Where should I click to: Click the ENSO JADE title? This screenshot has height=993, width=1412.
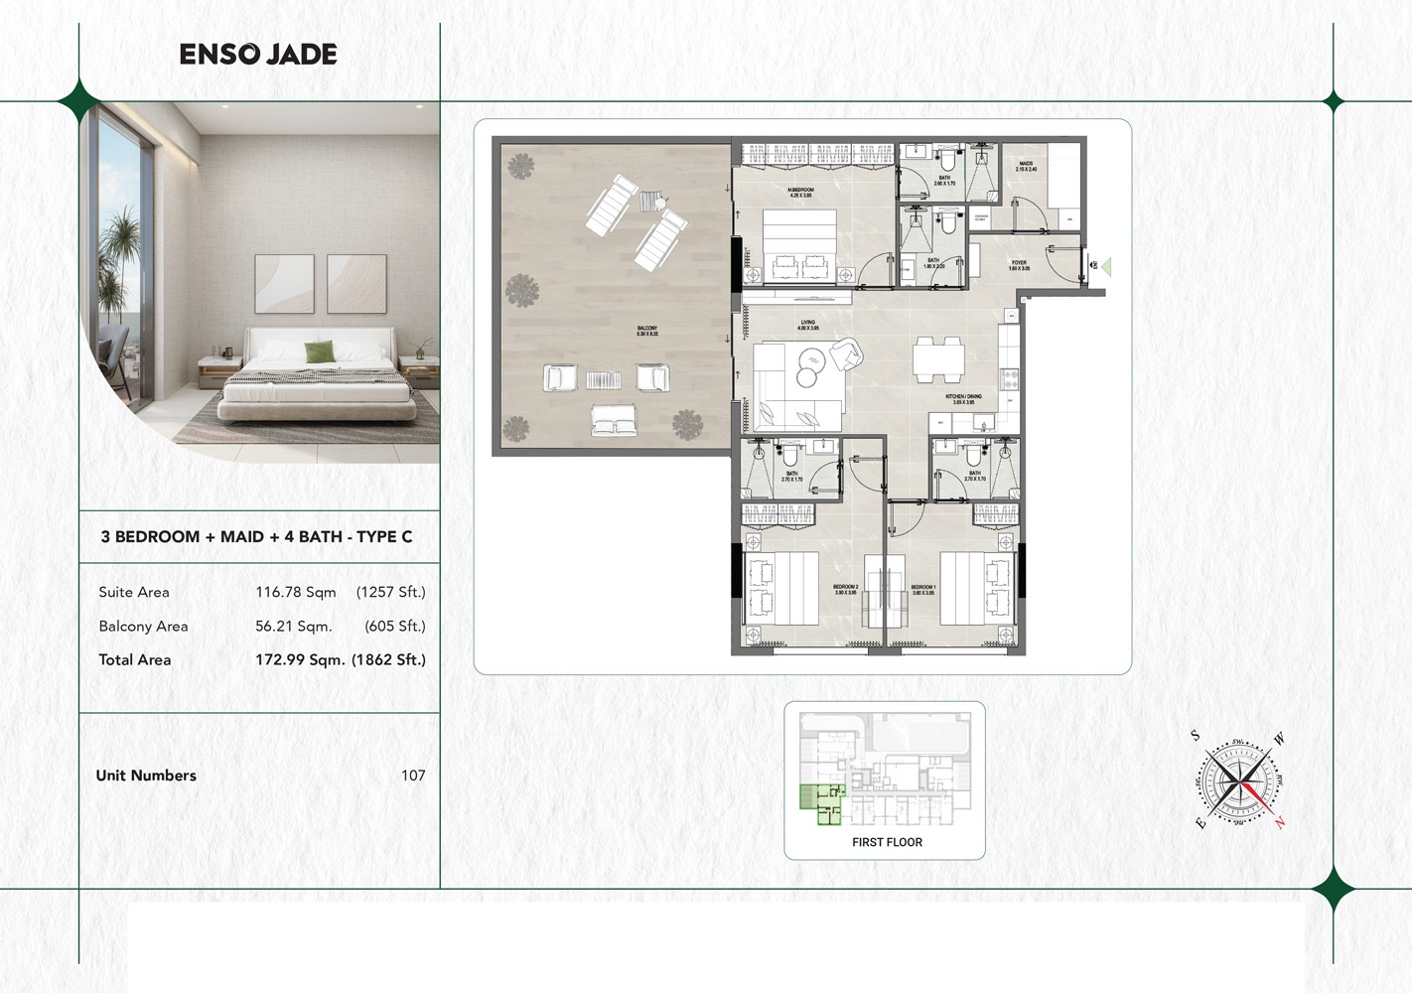(x=258, y=55)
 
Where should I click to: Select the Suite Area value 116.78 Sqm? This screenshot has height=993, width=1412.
(x=296, y=592)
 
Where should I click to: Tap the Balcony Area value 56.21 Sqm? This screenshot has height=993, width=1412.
(x=293, y=626)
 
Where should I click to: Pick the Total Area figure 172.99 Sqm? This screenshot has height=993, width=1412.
(x=300, y=659)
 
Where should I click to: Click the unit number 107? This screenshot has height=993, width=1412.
(x=413, y=776)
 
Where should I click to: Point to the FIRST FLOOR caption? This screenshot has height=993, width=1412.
(x=887, y=842)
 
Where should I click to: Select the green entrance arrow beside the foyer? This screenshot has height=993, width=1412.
(x=1105, y=266)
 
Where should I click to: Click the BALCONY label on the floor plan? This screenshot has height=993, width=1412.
(x=646, y=332)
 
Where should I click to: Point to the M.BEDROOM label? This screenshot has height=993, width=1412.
(x=800, y=192)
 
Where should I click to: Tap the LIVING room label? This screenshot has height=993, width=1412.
(x=808, y=325)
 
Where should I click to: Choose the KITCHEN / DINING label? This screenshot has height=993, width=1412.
(x=963, y=399)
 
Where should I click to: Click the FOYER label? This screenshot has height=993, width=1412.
(x=1019, y=266)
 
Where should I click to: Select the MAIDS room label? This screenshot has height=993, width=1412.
(x=1026, y=166)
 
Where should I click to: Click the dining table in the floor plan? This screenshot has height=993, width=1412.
(x=938, y=359)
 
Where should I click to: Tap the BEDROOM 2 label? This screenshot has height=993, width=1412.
(x=845, y=590)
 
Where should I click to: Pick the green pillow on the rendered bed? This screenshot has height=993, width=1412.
(x=319, y=352)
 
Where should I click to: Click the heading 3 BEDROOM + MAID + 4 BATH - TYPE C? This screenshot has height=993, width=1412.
(x=256, y=537)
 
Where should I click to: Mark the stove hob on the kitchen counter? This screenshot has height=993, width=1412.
(x=1011, y=377)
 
